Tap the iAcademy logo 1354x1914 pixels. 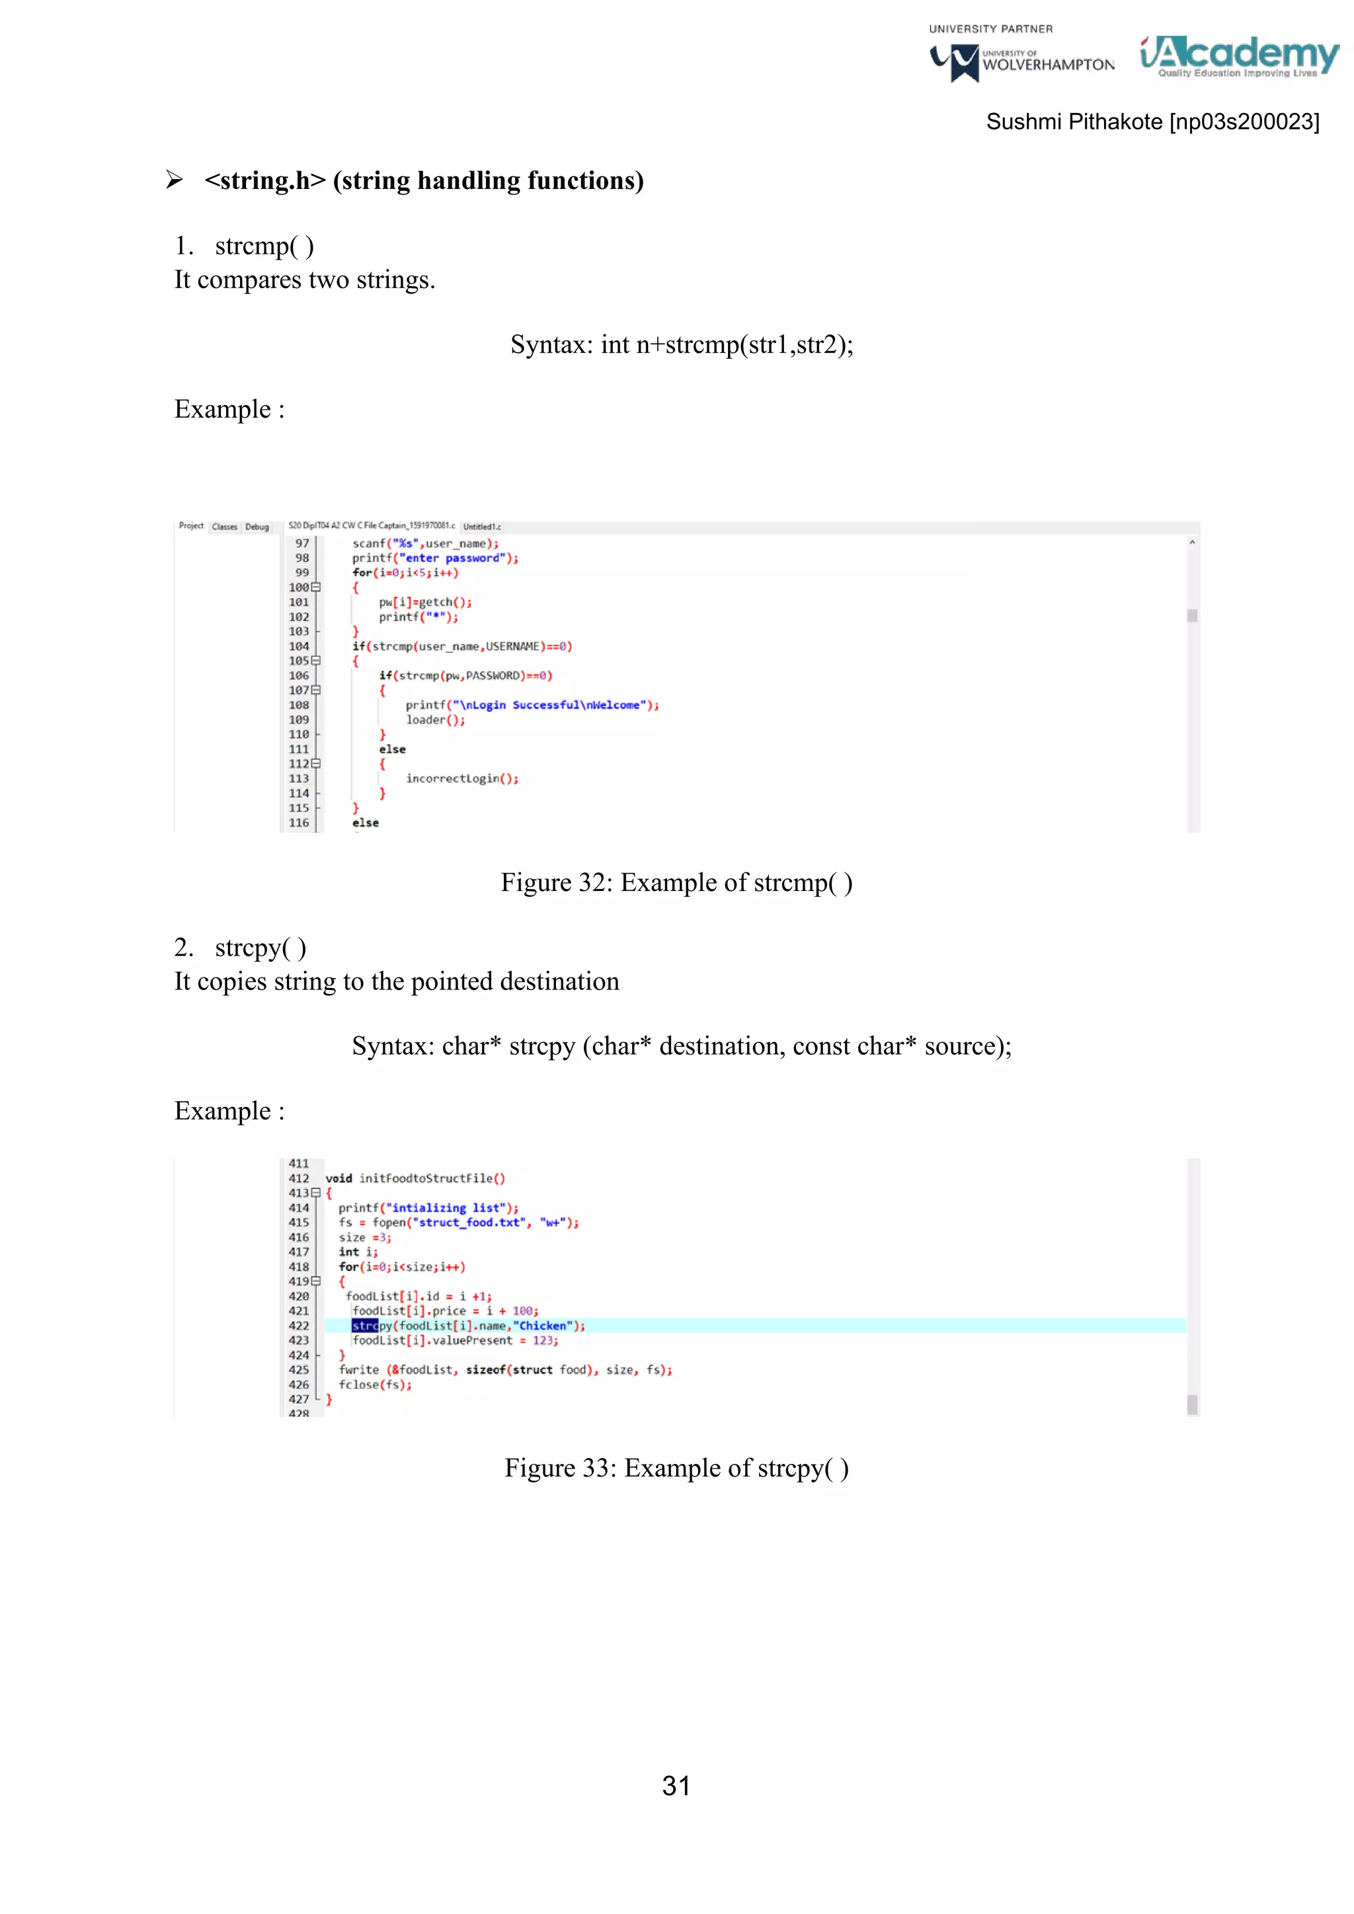click(x=1239, y=56)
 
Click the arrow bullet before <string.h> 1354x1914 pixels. click(x=175, y=179)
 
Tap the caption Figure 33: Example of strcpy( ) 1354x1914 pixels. click(x=676, y=1467)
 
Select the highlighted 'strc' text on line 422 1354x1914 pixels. click(x=364, y=1326)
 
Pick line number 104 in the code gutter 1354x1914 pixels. click(x=298, y=646)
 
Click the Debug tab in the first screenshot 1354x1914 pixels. click(x=257, y=527)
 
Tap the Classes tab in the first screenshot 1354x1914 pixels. click(x=224, y=527)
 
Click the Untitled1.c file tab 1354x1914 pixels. click(x=482, y=527)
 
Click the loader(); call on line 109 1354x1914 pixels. click(x=435, y=720)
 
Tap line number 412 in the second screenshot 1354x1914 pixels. click(x=298, y=1178)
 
